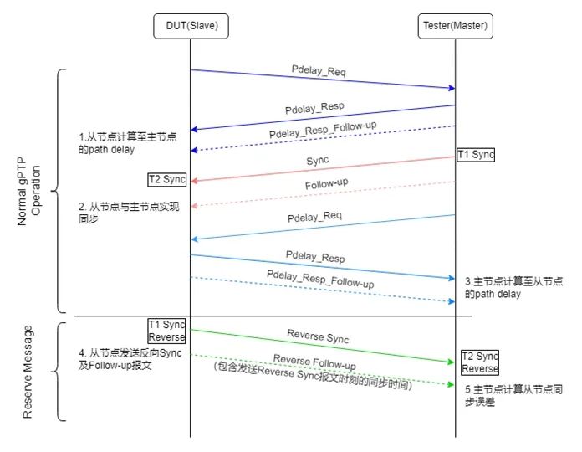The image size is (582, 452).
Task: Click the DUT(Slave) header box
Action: (191, 27)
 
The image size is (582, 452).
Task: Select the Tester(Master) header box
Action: (456, 27)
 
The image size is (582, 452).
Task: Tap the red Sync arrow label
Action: (317, 159)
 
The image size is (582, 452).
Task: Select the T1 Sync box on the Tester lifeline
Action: (476, 155)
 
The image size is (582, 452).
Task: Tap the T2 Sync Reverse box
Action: (479, 362)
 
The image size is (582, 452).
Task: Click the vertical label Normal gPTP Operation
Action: (28, 191)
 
